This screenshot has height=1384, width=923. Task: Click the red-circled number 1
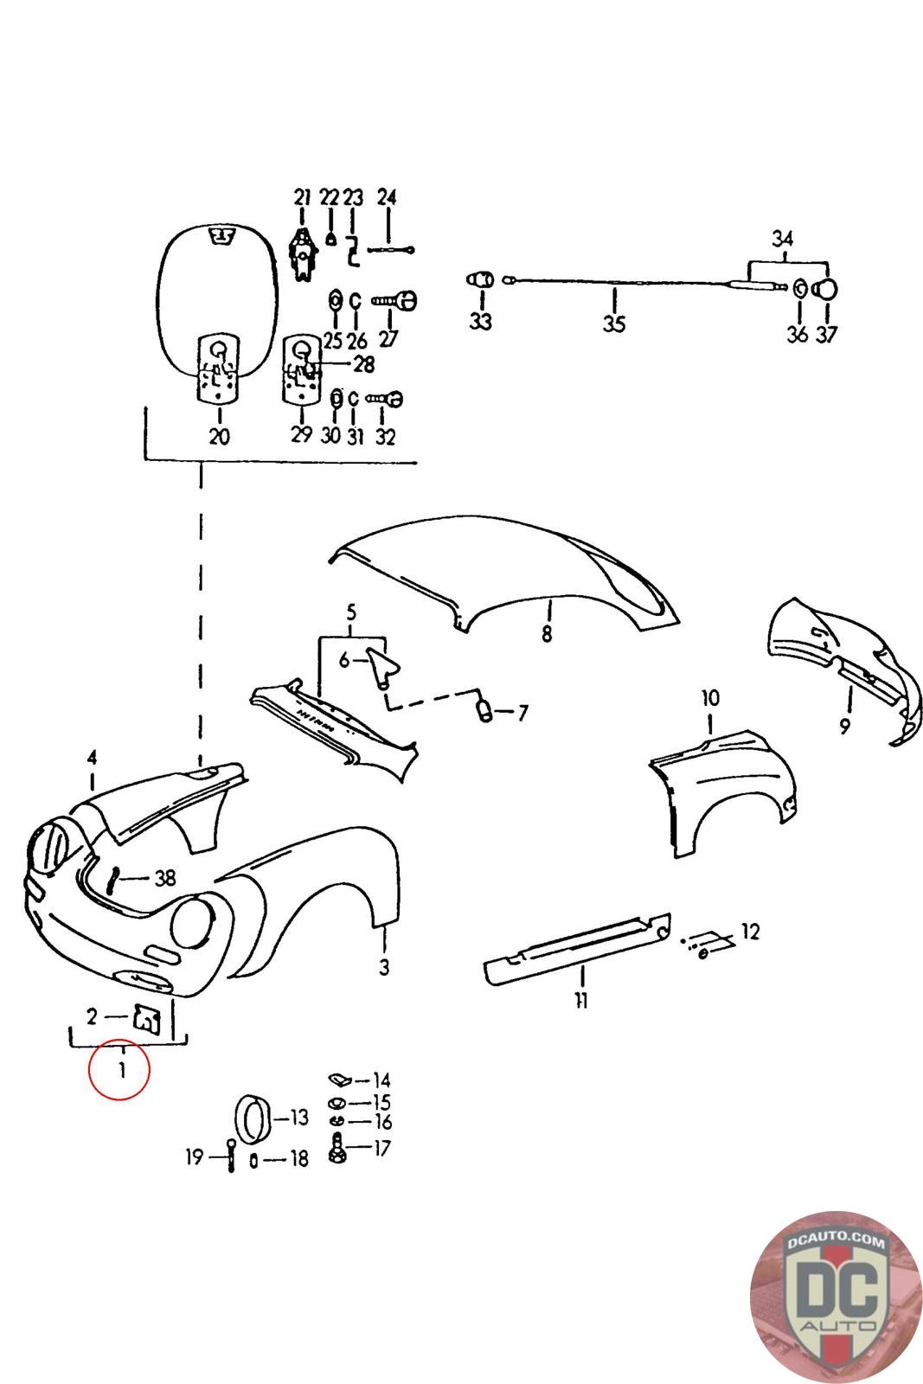(121, 1070)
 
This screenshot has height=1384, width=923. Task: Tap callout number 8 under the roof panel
(546, 634)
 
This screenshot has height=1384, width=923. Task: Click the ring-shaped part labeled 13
(253, 1121)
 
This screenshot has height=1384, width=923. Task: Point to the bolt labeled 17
(336, 1150)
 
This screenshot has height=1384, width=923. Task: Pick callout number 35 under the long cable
(613, 325)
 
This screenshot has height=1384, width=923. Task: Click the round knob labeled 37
(827, 289)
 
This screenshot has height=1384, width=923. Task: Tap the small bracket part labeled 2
(147, 1018)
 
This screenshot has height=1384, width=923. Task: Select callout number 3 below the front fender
(384, 966)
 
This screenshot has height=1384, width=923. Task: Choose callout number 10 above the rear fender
(709, 697)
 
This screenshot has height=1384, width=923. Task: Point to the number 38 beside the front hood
(164, 879)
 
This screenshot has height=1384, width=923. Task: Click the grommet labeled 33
(480, 281)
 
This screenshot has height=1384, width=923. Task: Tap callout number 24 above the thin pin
(387, 197)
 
